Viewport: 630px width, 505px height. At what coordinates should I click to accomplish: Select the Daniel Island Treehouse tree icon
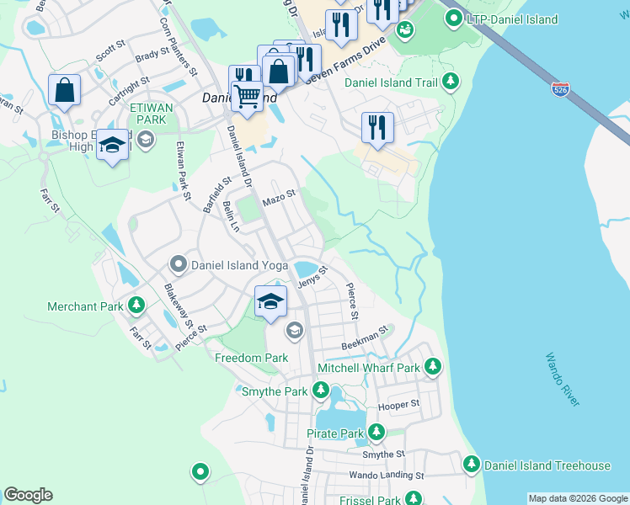(x=472, y=465)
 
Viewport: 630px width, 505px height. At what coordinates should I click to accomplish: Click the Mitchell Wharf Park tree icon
(x=433, y=366)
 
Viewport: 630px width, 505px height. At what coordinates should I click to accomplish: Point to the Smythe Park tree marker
(x=321, y=390)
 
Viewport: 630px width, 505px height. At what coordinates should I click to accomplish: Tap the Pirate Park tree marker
(x=376, y=433)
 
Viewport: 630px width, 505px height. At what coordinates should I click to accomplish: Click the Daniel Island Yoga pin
(x=179, y=264)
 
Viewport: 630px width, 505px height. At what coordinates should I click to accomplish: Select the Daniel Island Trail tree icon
(x=451, y=81)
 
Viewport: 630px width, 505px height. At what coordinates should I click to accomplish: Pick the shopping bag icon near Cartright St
(x=64, y=90)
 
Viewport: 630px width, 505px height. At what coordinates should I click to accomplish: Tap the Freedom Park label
(x=252, y=358)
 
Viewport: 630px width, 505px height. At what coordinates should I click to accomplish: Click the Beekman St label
(x=364, y=339)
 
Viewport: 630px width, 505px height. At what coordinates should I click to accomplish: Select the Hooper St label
(x=399, y=405)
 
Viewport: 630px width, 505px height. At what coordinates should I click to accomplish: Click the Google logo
(x=28, y=495)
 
